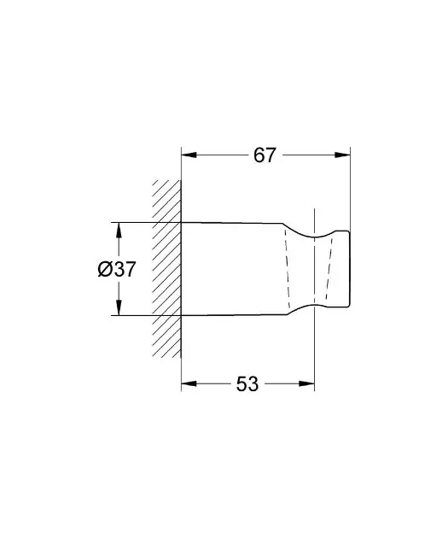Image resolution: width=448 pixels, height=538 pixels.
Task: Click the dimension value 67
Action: pyautogui.click(x=265, y=155)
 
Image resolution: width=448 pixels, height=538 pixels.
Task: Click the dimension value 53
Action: pyautogui.click(x=247, y=384)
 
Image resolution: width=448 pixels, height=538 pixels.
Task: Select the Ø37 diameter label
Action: pyautogui.click(x=117, y=269)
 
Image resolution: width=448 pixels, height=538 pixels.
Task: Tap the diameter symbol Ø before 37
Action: pyautogui.click(x=105, y=269)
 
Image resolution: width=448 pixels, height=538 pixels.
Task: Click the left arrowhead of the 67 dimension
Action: pyautogui.click(x=189, y=155)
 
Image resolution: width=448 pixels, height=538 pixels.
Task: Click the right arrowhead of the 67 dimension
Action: pyautogui.click(x=342, y=155)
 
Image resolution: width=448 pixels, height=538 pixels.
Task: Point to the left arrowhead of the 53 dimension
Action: pyautogui.click(x=189, y=383)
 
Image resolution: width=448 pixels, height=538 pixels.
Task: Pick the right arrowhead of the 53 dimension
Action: pyautogui.click(x=306, y=383)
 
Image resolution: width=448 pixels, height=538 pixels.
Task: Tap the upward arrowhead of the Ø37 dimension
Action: pyautogui.click(x=119, y=231)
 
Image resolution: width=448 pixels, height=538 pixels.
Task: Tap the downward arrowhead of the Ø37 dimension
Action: pyautogui.click(x=119, y=307)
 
